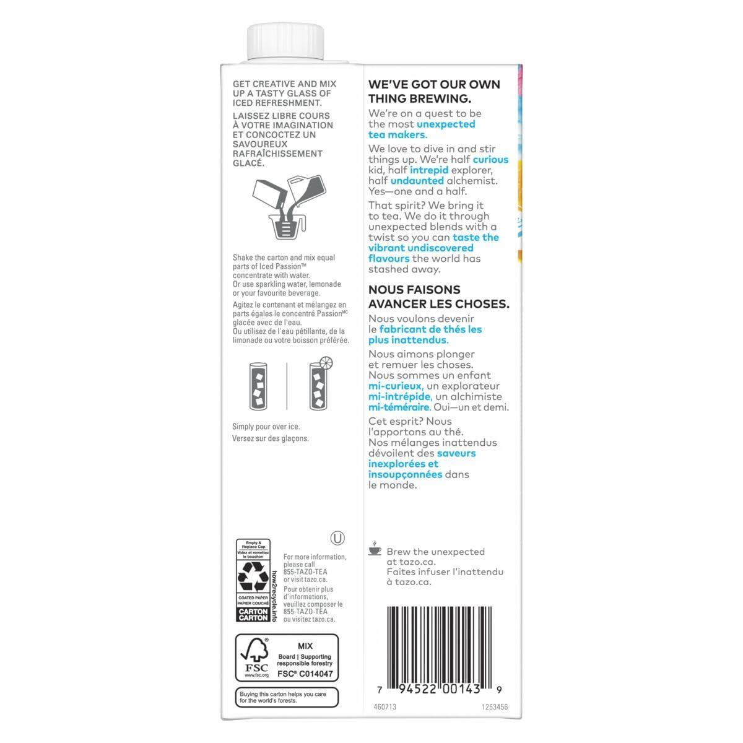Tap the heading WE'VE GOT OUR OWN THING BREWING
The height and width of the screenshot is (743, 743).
[434, 91]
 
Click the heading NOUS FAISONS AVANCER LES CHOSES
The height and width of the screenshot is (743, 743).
[438, 297]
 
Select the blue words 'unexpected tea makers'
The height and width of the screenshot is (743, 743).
[421, 129]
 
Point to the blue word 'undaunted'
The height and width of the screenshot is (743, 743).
[417, 181]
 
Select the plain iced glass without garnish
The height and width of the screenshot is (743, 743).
[259, 386]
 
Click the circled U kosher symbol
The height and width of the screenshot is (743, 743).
[338, 537]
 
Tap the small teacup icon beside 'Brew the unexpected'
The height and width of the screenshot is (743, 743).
[375, 549]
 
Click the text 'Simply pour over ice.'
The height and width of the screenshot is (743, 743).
[266, 427]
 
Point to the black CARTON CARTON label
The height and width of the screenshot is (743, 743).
[253, 614]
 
